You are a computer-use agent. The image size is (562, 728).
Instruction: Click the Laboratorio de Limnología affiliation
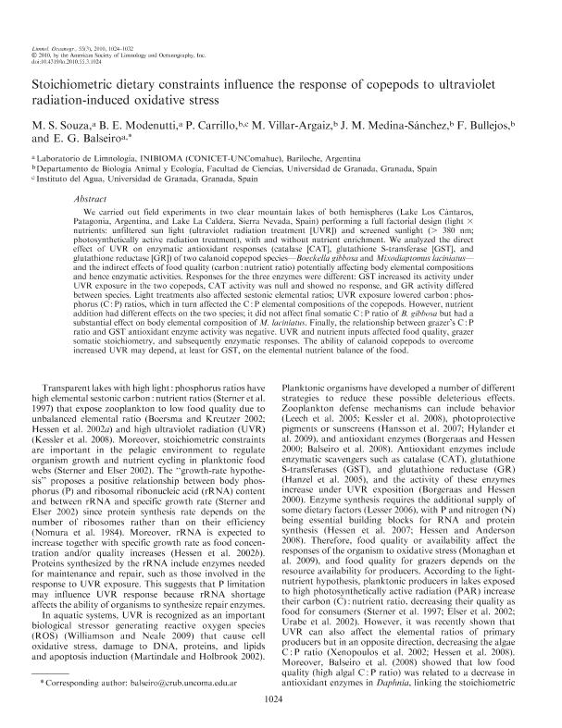coord(184,159)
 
